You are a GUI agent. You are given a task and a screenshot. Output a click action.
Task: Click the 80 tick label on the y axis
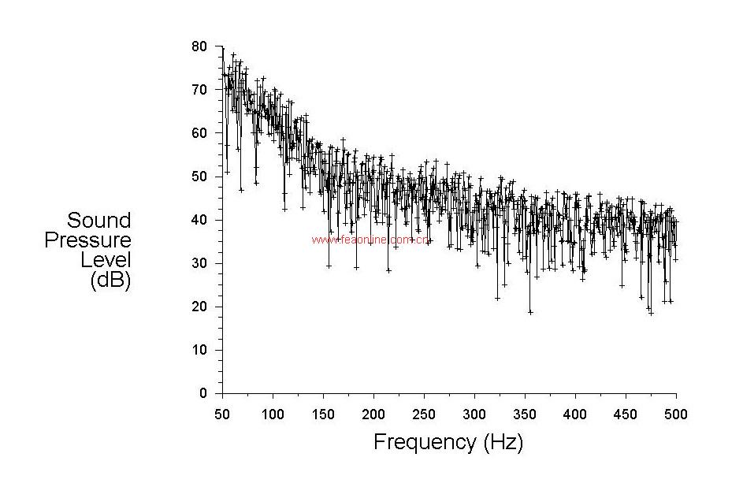pyautogui.click(x=199, y=46)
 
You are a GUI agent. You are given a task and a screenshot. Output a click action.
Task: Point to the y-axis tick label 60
pyautogui.click(x=199, y=133)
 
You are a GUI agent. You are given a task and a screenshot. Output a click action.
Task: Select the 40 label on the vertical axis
pyautogui.click(x=199, y=220)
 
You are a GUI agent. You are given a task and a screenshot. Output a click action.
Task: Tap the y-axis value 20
pyautogui.click(x=199, y=307)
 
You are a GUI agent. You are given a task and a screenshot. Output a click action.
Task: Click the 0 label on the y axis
pyautogui.click(x=202, y=393)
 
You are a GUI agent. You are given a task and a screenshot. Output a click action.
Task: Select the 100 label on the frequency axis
pyautogui.click(x=273, y=415)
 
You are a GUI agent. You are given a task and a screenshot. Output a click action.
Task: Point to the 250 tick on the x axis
pyautogui.click(x=425, y=415)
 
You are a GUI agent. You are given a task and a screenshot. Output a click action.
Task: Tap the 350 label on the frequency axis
pyautogui.click(x=525, y=415)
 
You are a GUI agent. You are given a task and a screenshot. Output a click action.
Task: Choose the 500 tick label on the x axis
pyautogui.click(x=676, y=415)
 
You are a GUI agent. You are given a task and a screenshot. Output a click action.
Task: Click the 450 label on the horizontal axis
pyautogui.click(x=626, y=415)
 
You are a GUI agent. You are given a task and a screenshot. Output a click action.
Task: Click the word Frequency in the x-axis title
pyautogui.click(x=425, y=442)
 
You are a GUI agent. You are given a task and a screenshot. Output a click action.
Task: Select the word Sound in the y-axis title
pyautogui.click(x=98, y=220)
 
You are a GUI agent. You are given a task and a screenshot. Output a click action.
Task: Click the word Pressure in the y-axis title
pyautogui.click(x=87, y=240)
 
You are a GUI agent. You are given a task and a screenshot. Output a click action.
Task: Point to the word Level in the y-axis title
pyautogui.click(x=106, y=260)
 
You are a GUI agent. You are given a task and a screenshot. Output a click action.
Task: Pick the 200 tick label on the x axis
pyautogui.click(x=374, y=415)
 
